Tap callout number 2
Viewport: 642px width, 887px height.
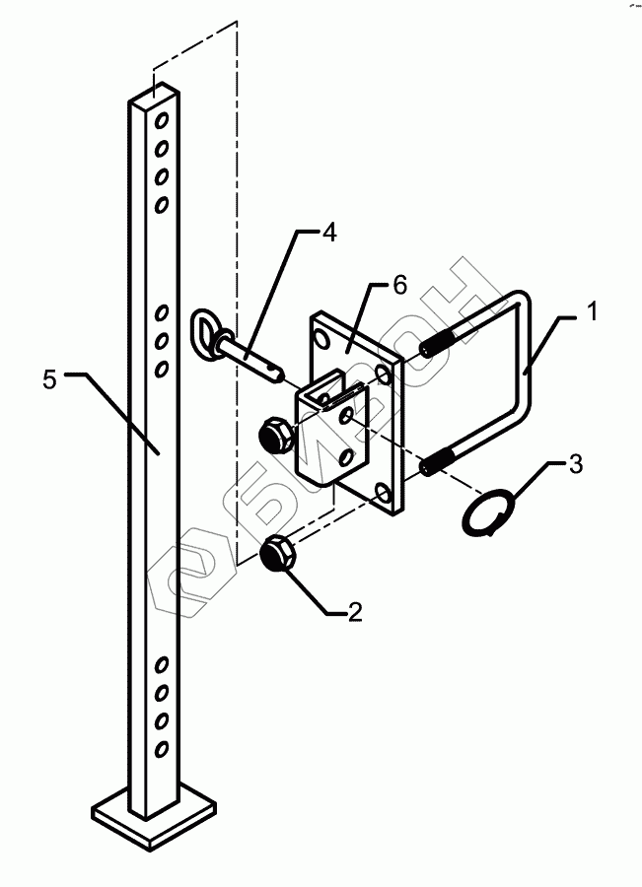pyautogui.click(x=354, y=613)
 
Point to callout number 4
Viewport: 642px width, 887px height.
pyautogui.click(x=329, y=234)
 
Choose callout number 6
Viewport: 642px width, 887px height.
pyautogui.click(x=398, y=285)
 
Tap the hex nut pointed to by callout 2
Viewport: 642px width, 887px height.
pyautogui.click(x=278, y=554)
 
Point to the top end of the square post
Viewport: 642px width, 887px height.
pyautogui.click(x=155, y=98)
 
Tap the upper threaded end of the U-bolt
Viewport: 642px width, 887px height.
pyautogui.click(x=439, y=347)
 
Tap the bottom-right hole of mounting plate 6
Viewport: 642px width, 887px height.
pyautogui.click(x=387, y=490)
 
